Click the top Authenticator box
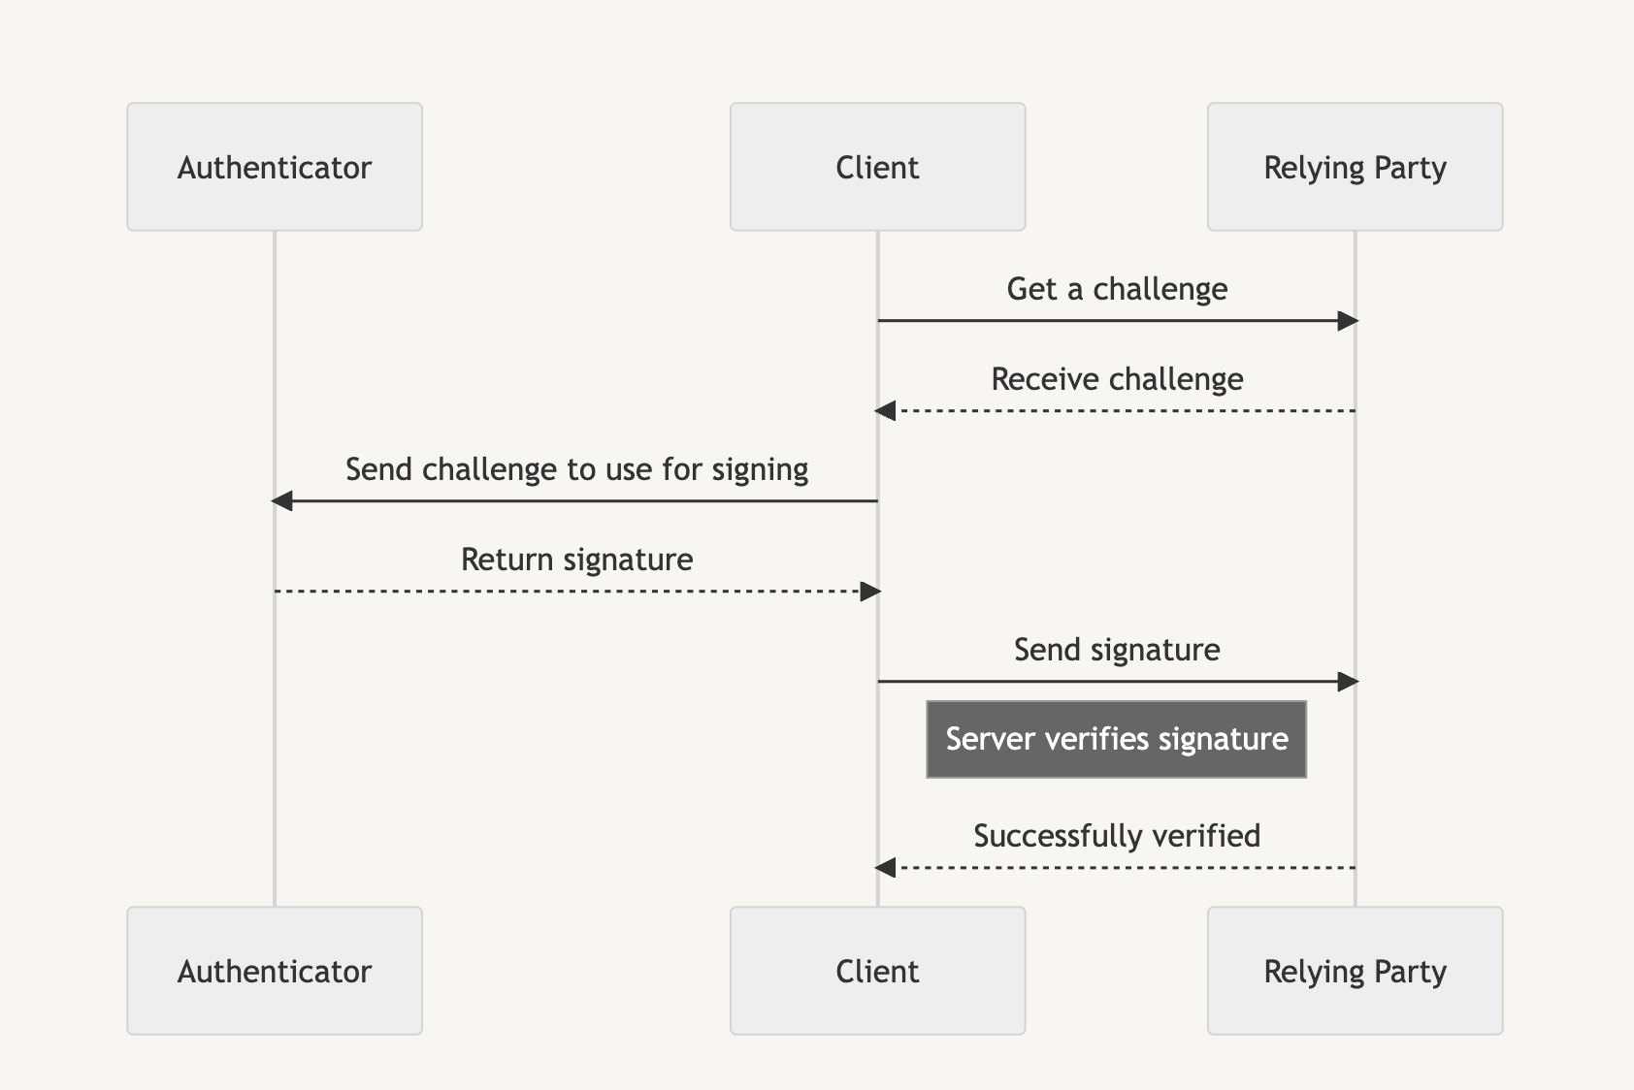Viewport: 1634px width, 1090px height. pyautogui.click(x=275, y=167)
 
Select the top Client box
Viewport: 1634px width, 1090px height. pyautogui.click(x=877, y=167)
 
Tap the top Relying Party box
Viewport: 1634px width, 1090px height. pyautogui.click(x=1355, y=167)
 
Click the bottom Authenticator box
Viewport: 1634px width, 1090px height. pyautogui.click(x=275, y=971)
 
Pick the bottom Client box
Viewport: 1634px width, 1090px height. pyautogui.click(x=877, y=971)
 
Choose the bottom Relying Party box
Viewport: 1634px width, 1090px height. pyautogui.click(x=1355, y=971)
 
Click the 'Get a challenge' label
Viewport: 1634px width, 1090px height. pyautogui.click(x=1117, y=289)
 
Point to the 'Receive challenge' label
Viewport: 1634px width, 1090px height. pyautogui.click(x=1117, y=379)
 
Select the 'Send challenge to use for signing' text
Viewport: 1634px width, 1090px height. pyautogui.click(x=576, y=469)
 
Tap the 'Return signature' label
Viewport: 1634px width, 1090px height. pyautogui.click(x=576, y=560)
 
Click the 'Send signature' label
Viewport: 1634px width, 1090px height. pyautogui.click(x=1117, y=650)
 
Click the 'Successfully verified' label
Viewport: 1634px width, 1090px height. pyautogui.click(x=1117, y=836)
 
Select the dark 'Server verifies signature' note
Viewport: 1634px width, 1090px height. pyautogui.click(x=1116, y=740)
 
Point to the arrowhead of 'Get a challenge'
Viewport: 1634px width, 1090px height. pyautogui.click(x=1348, y=321)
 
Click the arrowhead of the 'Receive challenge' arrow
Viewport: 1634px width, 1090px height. pyautogui.click(x=885, y=411)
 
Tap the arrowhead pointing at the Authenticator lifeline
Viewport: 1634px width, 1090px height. pyautogui.click(x=281, y=501)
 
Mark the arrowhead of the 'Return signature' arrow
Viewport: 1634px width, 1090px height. pyautogui.click(x=870, y=592)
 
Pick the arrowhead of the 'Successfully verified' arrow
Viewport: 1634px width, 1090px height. pyautogui.click(x=885, y=868)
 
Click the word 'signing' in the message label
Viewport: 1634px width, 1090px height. pyautogui.click(x=760, y=470)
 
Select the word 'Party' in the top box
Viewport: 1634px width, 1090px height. pyautogui.click(x=1410, y=168)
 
